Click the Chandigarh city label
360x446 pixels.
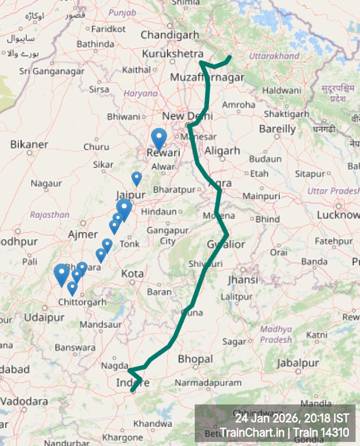(x=169, y=35)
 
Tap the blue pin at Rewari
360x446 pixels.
(x=158, y=139)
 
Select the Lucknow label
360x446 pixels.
(x=338, y=215)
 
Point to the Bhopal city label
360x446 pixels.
(x=195, y=359)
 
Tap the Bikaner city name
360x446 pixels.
(x=29, y=144)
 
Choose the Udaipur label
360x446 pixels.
(x=44, y=317)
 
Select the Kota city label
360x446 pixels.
(x=132, y=274)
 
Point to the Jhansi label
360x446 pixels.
(x=242, y=279)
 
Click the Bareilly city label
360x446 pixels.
(x=277, y=129)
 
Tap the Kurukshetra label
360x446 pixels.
(x=173, y=54)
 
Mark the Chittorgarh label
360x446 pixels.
(x=82, y=302)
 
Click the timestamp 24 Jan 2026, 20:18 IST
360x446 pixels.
(x=292, y=418)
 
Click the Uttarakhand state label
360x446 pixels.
(x=274, y=56)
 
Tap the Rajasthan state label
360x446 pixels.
(x=50, y=215)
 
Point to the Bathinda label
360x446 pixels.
(x=95, y=44)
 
